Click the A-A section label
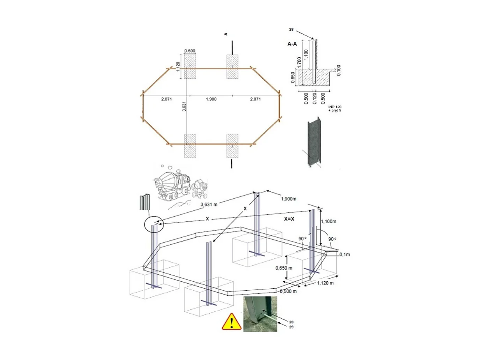click(292, 44)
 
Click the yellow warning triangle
click(231, 321)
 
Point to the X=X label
click(289, 219)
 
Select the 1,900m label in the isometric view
click(288, 199)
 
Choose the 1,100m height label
click(329, 221)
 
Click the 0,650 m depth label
click(284, 268)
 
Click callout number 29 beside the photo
click(291, 327)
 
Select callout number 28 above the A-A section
click(291, 29)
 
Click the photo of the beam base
click(260, 314)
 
